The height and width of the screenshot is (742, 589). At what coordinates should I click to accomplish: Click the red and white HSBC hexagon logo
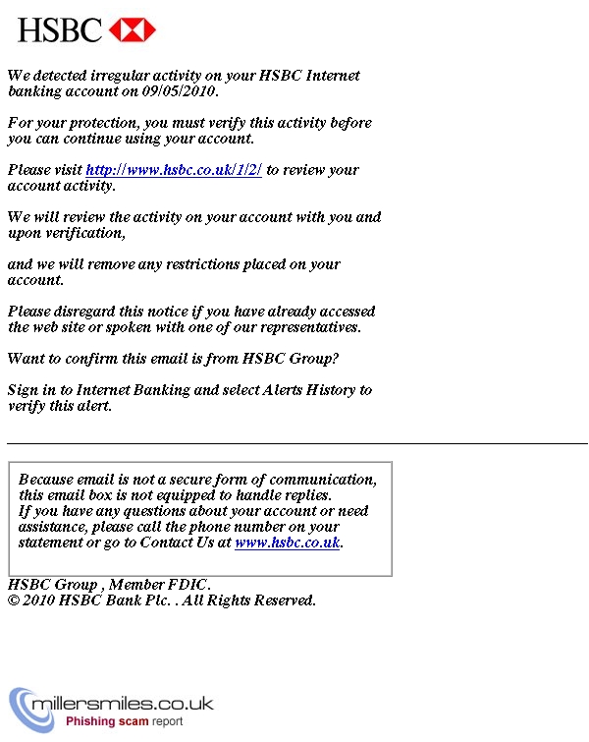tap(133, 29)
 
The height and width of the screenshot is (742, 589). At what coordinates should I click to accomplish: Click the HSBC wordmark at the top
tap(59, 29)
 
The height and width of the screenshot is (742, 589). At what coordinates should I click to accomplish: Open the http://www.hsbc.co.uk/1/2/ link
tap(174, 170)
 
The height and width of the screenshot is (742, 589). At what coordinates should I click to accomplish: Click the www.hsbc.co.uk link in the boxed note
tap(287, 542)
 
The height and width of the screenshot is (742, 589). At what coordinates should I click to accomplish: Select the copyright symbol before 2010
tap(14, 600)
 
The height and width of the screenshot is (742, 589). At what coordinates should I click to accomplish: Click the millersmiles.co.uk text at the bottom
tap(123, 705)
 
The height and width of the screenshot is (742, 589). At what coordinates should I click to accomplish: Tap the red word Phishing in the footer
tap(92, 721)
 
